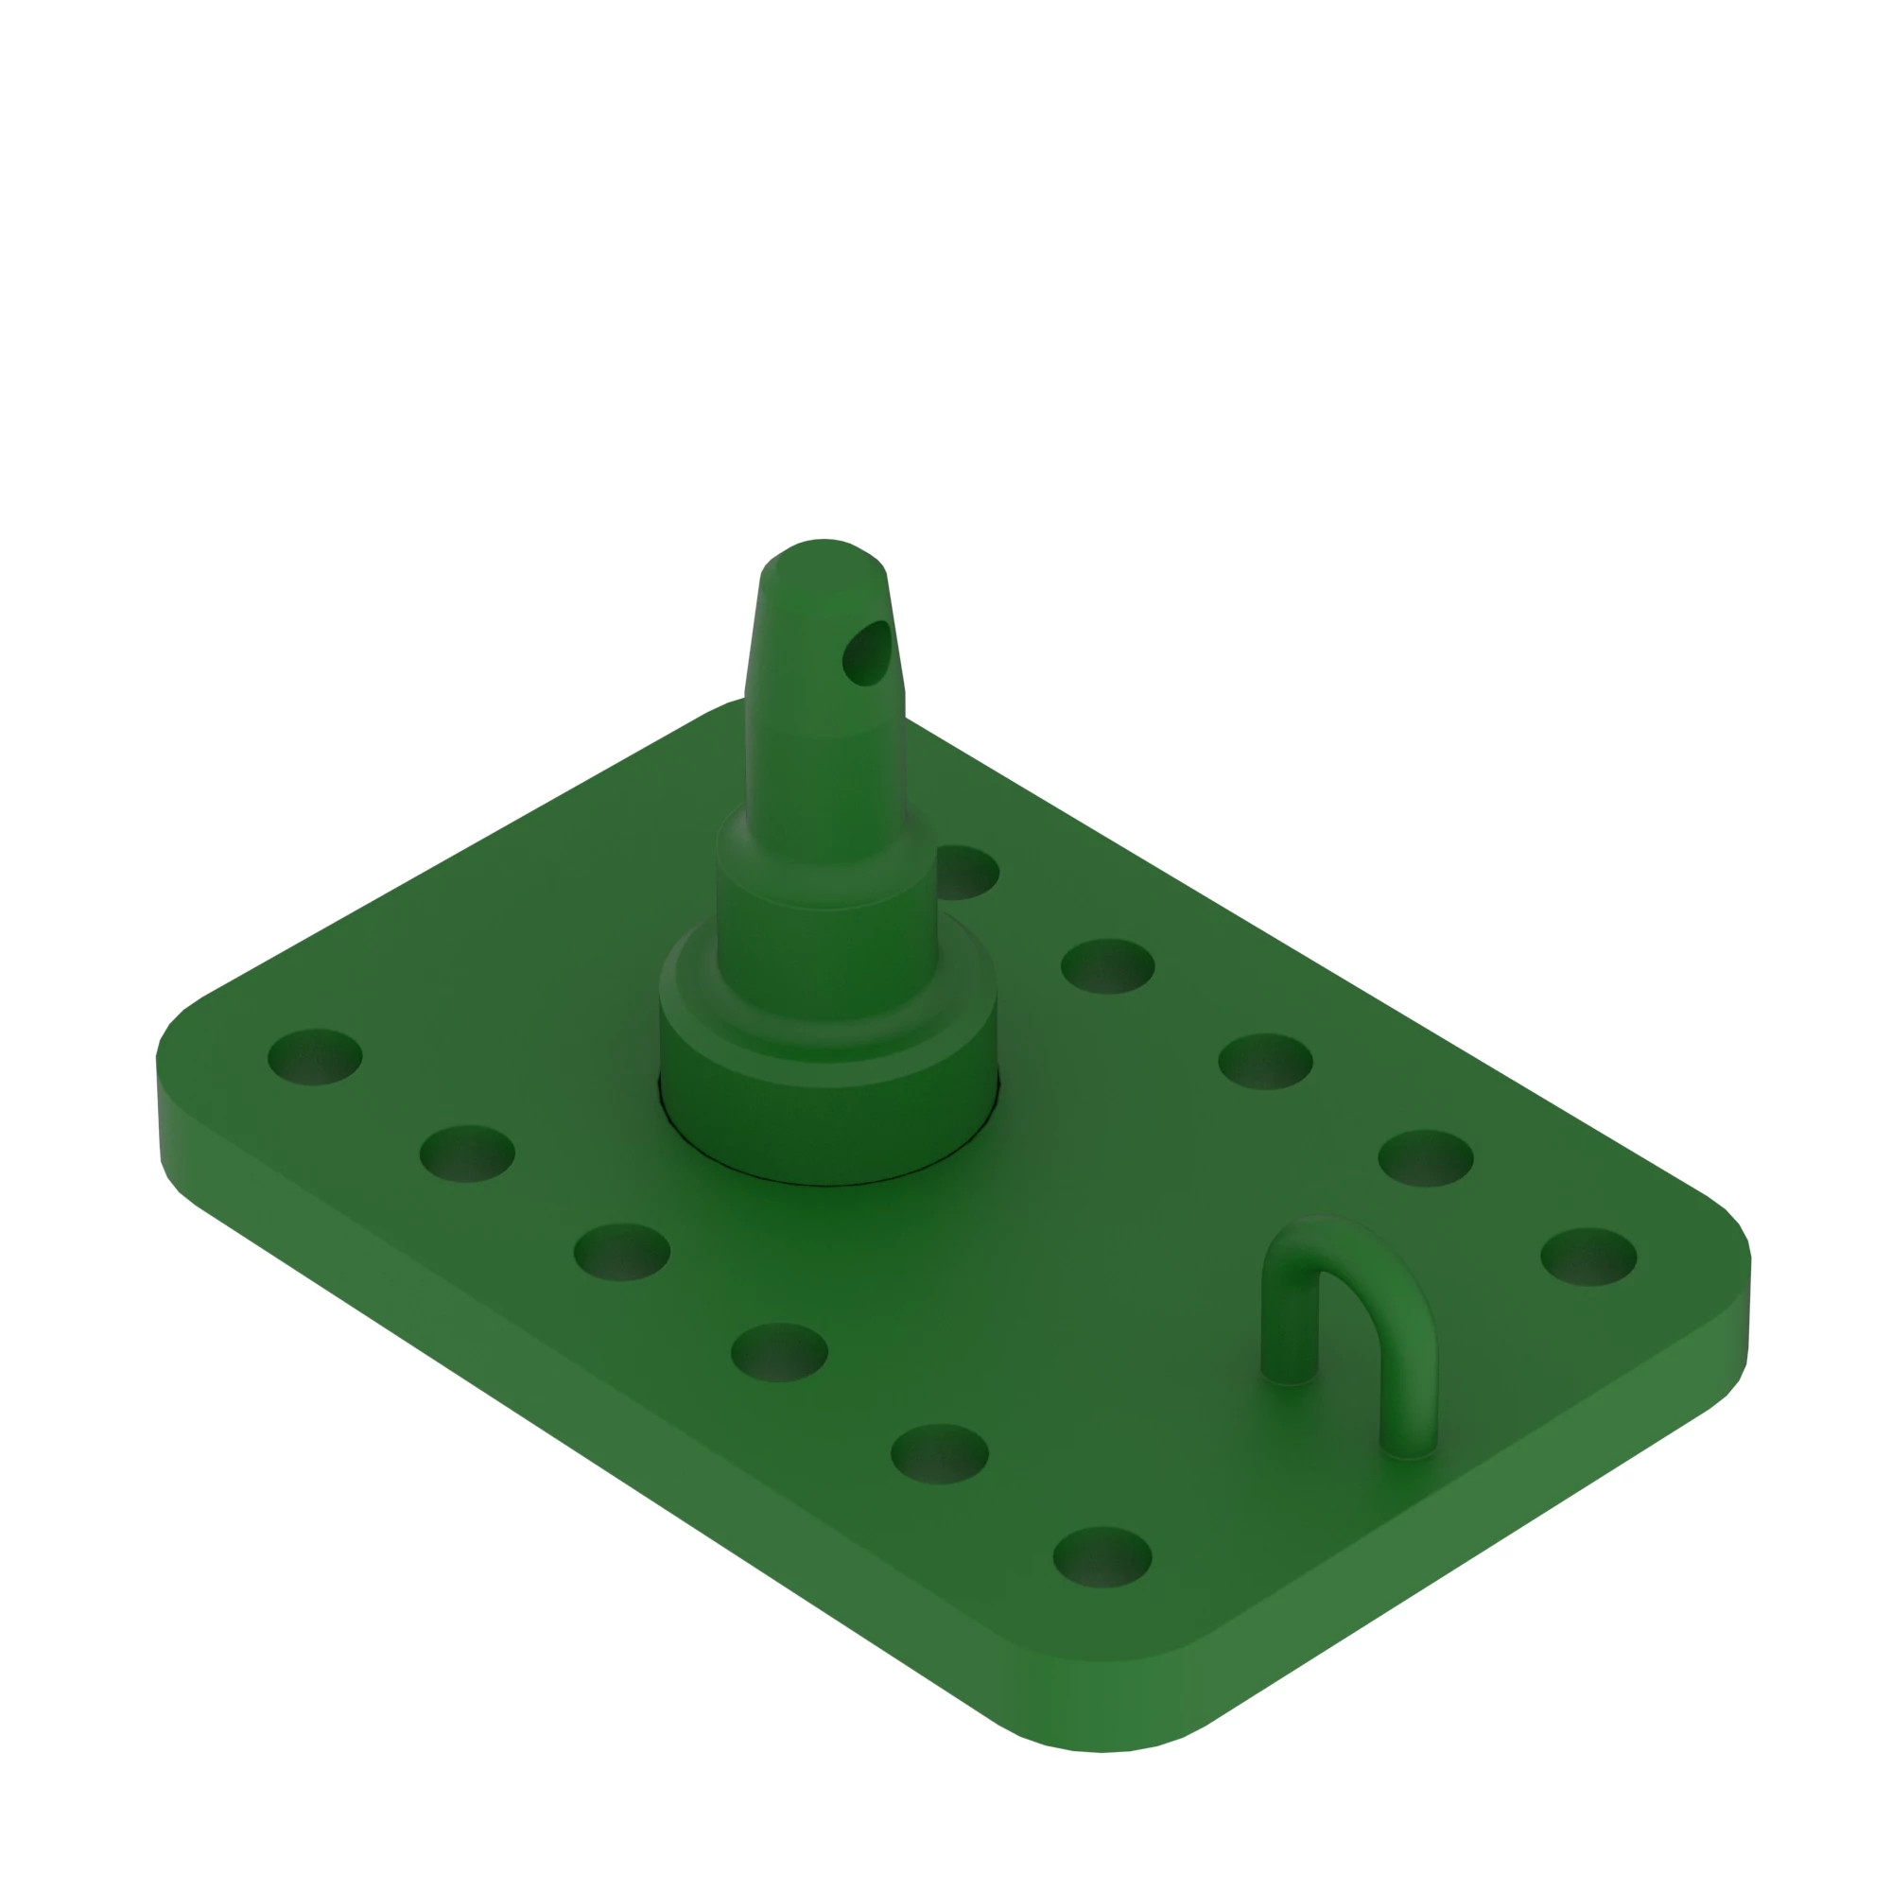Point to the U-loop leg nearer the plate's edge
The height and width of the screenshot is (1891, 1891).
point(1409,1410)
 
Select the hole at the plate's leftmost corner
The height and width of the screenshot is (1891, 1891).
point(315,1057)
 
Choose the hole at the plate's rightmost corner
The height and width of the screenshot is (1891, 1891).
point(1588,1257)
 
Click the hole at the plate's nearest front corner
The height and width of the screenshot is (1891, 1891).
point(1102,1557)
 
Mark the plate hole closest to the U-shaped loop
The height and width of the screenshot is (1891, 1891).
point(1425,1159)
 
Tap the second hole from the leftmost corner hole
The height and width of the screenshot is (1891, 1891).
point(467,1154)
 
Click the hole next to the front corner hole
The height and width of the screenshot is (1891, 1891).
point(940,1453)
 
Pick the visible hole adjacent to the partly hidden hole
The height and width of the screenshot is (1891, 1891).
point(1108,967)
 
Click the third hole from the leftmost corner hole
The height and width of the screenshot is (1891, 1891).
point(621,1252)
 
